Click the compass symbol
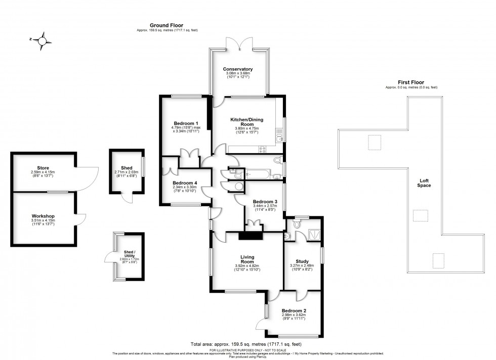43,39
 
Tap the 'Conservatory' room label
238,69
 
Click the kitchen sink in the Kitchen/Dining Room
279,136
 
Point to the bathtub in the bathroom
258,174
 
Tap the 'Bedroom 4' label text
184,183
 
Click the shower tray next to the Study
314,234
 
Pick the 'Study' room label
303,261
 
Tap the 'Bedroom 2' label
294,310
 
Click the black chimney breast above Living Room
249,235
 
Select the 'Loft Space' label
424,183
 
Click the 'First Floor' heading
411,82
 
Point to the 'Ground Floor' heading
167,25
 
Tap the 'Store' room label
43,167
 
